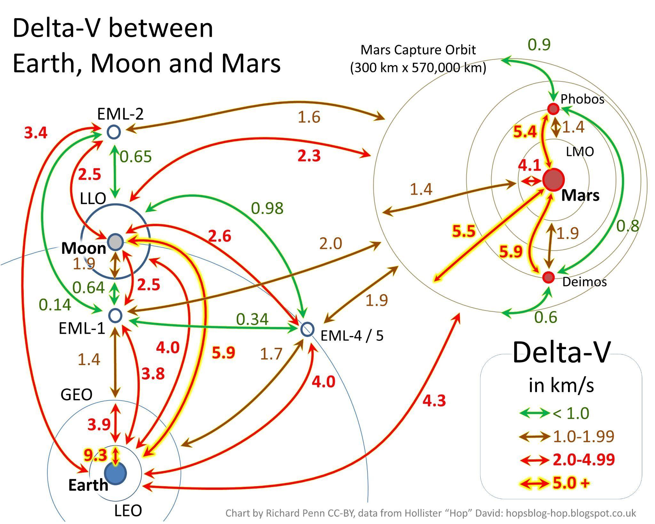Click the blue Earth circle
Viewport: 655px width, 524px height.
115,473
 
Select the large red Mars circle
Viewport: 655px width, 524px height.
553,180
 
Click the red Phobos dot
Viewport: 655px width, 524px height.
553,109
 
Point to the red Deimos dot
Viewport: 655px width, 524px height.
548,277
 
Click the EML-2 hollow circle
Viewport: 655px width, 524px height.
114,132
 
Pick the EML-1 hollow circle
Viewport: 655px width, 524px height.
115,316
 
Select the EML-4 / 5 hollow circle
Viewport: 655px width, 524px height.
307,329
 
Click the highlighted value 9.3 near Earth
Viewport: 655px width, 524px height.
95,455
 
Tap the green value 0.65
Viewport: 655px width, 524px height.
136,157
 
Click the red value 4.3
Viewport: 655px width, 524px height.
434,400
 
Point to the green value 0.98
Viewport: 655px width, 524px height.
267,208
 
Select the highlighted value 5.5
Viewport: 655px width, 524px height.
464,231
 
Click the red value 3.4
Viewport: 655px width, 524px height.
36,133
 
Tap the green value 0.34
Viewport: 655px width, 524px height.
252,319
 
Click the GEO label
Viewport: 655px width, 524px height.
76,395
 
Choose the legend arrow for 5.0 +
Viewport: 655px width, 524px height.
534,483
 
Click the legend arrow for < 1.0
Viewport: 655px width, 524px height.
534,413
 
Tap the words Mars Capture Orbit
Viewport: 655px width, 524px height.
418,50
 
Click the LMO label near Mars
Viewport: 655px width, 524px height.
580,152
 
